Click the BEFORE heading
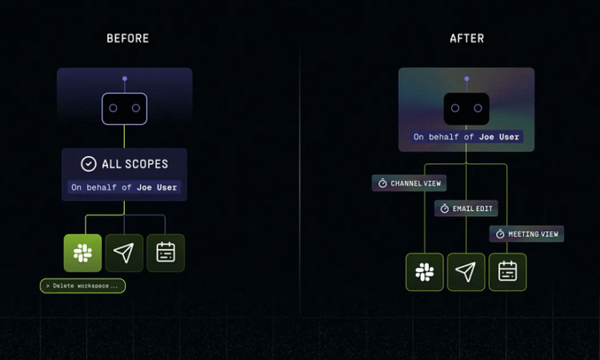pos(128,38)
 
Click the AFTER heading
pos(467,38)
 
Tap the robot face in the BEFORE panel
pos(124,109)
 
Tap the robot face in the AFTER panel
pos(466,109)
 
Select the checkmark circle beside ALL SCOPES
pos(88,164)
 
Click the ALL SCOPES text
pos(134,164)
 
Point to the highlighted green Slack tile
pos(82,253)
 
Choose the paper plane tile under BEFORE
pos(124,253)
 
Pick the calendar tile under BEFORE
pos(166,253)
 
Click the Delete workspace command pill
pos(82,286)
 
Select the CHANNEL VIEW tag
pos(409,183)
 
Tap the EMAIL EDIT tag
pos(466,209)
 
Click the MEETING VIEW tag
pos(526,234)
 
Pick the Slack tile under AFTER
pos(425,272)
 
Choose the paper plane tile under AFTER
pos(466,272)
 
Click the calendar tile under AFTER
pos(508,272)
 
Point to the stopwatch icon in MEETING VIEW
pos(500,234)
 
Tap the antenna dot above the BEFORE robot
pos(125,78)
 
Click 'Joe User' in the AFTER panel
pos(499,137)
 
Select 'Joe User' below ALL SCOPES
pos(157,187)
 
